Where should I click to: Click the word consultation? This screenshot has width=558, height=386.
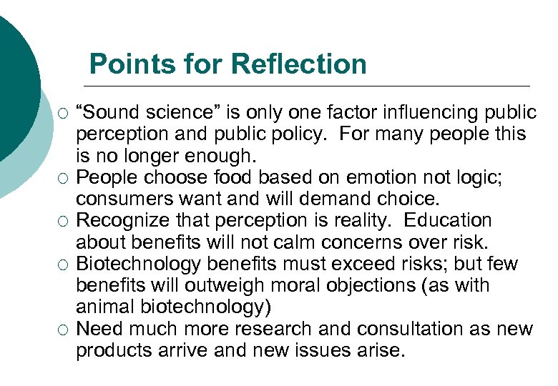[x=393, y=329]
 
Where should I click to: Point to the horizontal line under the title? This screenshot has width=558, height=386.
[x=308, y=86]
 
